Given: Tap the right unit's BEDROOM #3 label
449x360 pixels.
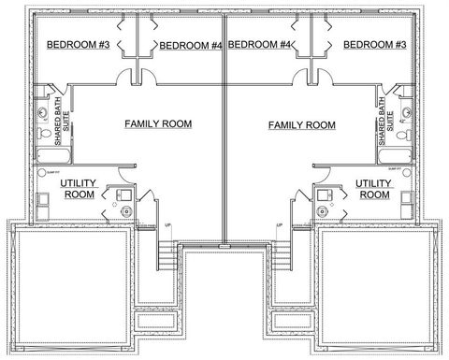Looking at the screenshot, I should click(373, 45).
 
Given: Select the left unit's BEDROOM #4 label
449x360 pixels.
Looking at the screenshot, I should click(191, 45).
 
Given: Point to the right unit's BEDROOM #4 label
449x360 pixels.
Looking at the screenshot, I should click(259, 45).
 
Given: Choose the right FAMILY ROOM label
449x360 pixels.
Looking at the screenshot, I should click(301, 124).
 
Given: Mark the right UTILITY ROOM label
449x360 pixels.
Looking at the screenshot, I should click(374, 189).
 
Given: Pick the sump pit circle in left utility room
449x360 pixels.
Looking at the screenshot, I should click(43, 174).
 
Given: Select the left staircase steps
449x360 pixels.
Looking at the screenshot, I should click(167, 255).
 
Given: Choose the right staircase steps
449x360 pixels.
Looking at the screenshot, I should click(281, 255).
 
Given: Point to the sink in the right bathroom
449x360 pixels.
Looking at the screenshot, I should click(405, 112).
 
